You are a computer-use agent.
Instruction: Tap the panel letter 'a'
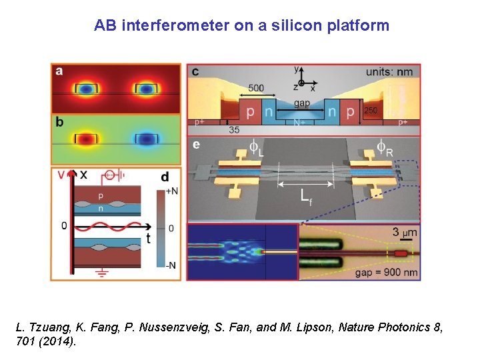tap(59, 71)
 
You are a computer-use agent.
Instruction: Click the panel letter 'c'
tap(195, 71)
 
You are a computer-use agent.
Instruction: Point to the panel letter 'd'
tap(165, 177)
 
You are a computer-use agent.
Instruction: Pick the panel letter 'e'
tap(195, 145)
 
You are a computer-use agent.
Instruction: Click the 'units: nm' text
tap(390, 71)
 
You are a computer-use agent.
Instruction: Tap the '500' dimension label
tap(255, 87)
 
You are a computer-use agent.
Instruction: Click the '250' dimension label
tap(372, 110)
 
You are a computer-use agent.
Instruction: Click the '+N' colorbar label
tap(171, 191)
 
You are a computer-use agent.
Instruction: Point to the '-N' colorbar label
tap(171, 265)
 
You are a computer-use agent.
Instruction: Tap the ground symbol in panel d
tap(104, 273)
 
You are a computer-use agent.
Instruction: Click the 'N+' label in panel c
tap(301, 123)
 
